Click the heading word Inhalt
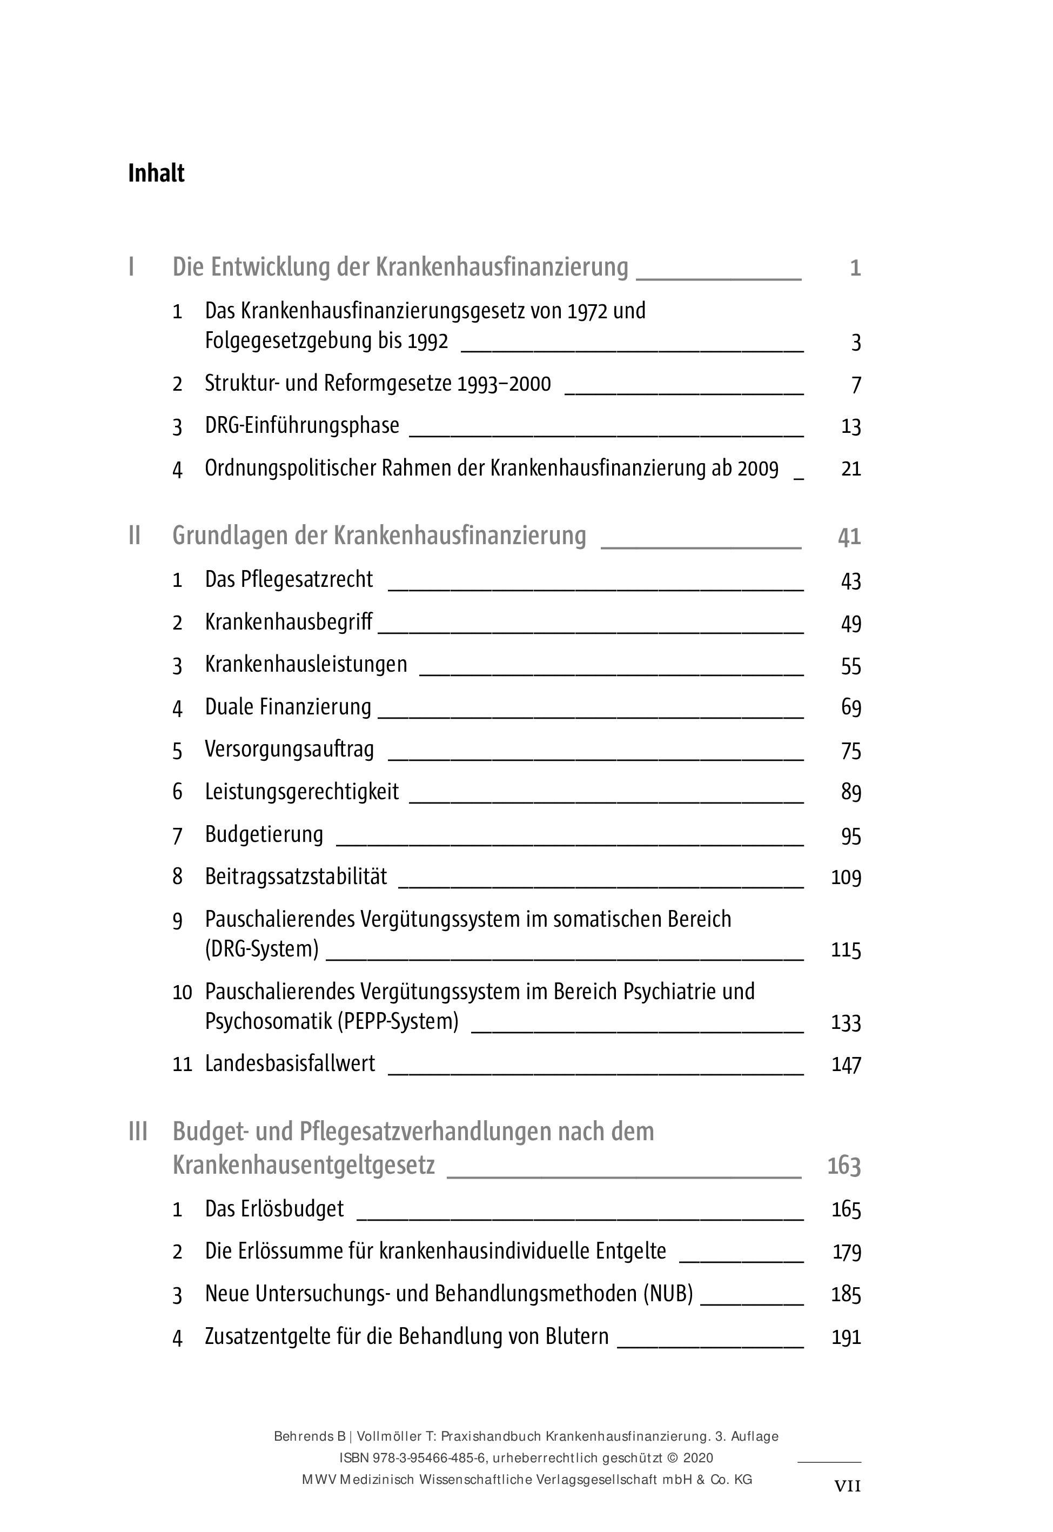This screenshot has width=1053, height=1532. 156,173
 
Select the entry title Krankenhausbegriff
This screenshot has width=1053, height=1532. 289,622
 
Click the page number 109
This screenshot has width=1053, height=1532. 846,878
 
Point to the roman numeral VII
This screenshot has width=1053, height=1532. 847,1486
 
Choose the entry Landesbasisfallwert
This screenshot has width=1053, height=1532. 290,1063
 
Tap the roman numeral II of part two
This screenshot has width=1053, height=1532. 135,536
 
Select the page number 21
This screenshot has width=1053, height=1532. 851,469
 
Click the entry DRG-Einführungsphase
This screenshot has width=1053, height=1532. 302,426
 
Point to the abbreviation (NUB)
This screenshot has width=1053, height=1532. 668,1294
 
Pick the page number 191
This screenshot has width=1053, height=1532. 846,1337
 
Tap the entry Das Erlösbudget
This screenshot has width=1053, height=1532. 274,1209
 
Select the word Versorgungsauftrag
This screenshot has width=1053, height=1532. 290,750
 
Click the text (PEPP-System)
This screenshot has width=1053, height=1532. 398,1021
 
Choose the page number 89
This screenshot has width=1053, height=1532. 851,792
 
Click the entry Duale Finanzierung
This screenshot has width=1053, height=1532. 289,707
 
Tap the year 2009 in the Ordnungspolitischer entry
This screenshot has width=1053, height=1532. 758,469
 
